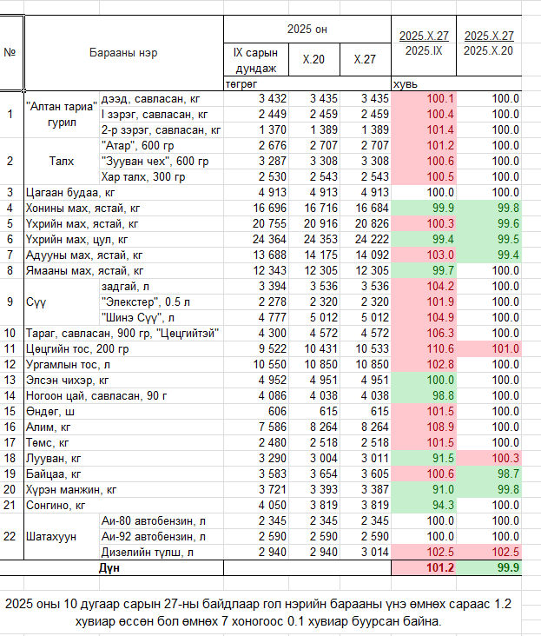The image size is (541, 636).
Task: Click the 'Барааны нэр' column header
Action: (x=123, y=52)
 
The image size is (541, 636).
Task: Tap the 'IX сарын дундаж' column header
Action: (x=254, y=62)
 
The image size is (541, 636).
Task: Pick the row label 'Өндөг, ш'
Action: (x=55, y=411)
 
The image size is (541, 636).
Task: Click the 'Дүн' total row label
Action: (x=109, y=567)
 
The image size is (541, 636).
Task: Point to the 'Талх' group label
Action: (x=62, y=161)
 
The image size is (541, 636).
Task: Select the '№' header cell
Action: (x=10, y=52)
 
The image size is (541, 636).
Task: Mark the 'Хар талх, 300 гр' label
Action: (x=143, y=176)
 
